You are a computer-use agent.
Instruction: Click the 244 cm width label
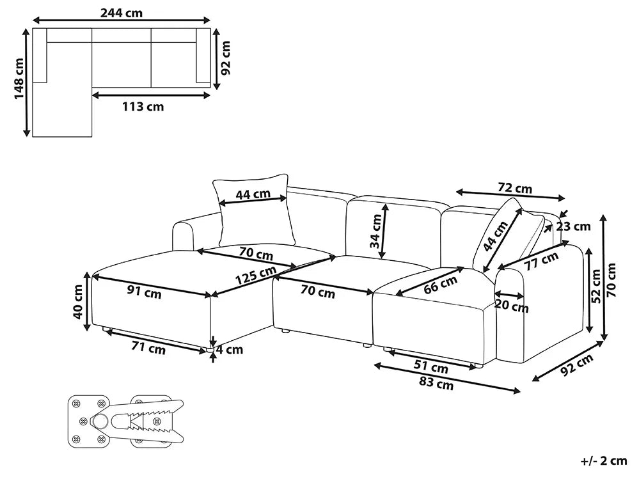122,13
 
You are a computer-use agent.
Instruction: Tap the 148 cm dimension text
19,79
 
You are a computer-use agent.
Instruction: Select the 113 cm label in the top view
143,107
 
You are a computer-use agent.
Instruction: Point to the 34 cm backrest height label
375,231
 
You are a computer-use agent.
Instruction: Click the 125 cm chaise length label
256,275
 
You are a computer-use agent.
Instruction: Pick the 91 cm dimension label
145,292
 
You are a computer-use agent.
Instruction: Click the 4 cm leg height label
230,349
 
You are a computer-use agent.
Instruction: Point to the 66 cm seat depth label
440,285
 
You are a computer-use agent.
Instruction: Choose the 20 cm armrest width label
512,306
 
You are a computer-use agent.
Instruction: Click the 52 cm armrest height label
596,285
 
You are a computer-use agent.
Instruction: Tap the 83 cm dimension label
436,383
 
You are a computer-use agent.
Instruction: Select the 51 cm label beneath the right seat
430,366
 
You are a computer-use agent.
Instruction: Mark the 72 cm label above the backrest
515,188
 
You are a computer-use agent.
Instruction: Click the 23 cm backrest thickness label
573,226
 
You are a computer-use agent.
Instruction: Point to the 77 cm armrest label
541,261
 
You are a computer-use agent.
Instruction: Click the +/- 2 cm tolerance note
604,460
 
